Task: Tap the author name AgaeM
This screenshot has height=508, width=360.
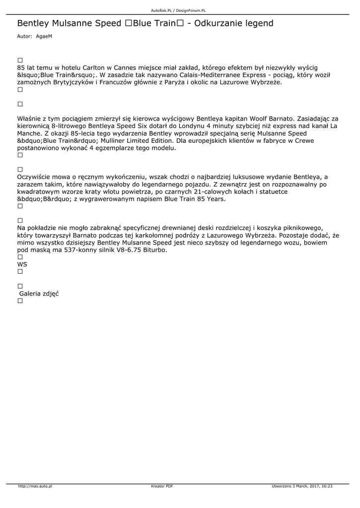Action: [44, 37]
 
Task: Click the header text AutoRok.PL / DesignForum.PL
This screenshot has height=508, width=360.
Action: [178, 10]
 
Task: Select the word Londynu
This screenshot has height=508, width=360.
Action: [191, 126]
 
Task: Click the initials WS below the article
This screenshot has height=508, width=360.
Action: [22, 264]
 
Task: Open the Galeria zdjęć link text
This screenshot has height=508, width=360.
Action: [39, 294]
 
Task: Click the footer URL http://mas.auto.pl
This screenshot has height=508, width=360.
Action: [35, 486]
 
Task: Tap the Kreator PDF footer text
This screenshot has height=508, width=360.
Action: [162, 486]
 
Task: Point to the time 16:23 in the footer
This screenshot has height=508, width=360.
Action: [327, 486]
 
